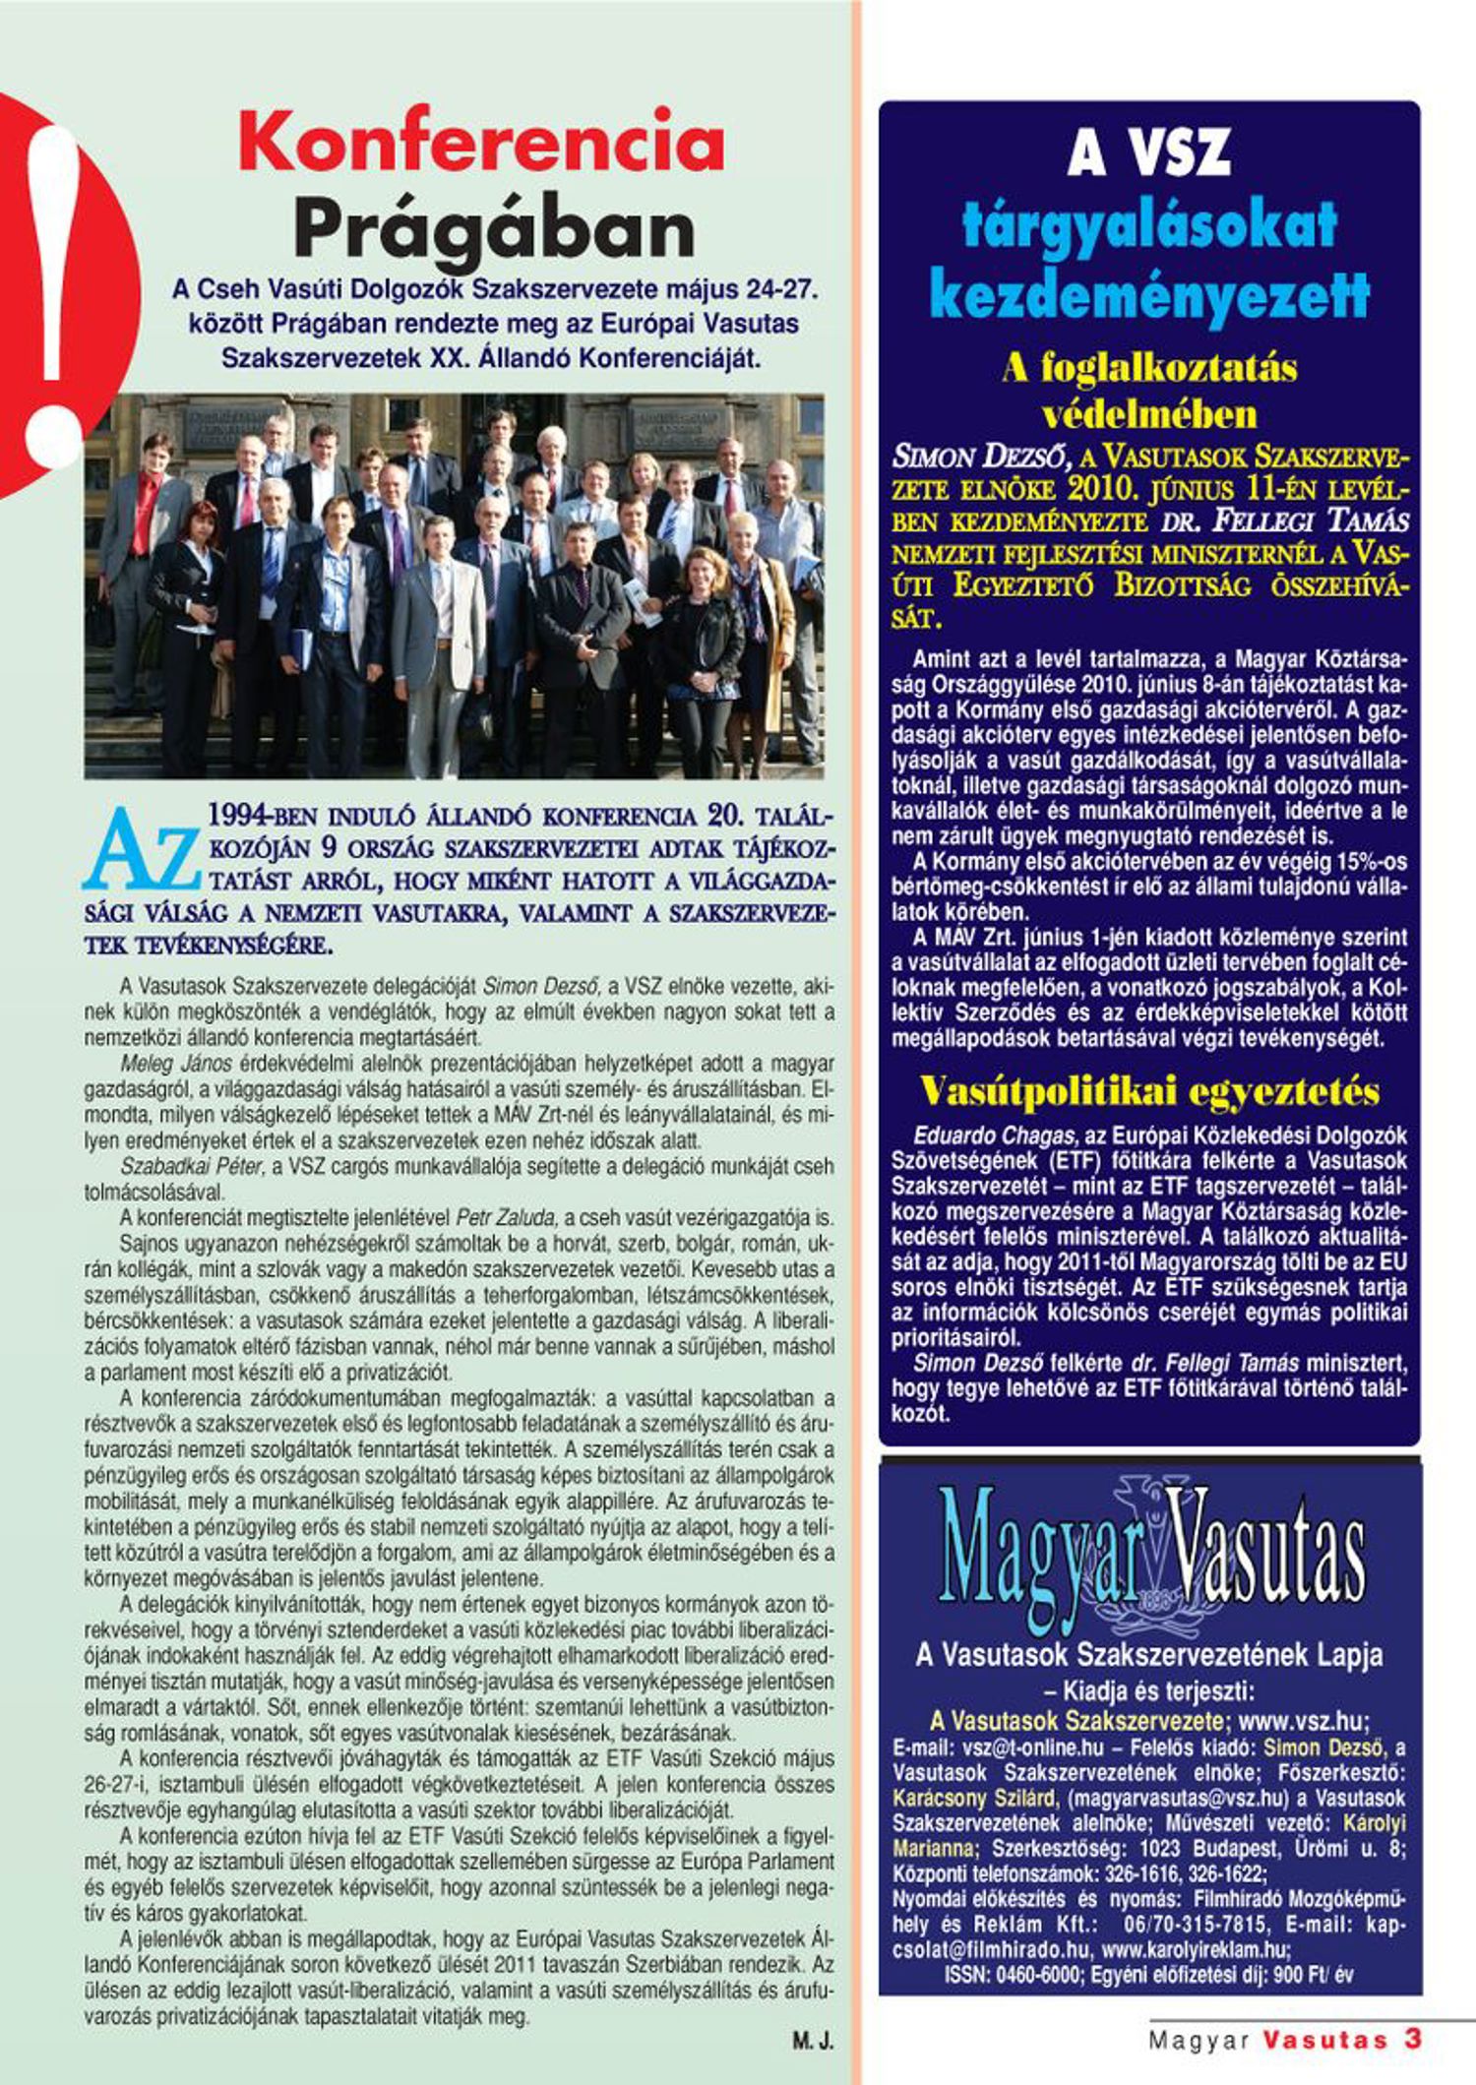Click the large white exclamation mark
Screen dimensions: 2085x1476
click(x=54, y=295)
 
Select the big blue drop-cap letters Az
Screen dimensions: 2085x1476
click(x=143, y=852)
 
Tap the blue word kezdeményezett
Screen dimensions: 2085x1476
click(x=1149, y=293)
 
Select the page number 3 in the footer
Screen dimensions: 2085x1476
click(x=1413, y=2038)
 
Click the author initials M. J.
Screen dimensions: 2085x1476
click(x=813, y=2041)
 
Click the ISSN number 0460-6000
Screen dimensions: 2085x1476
click(x=1038, y=1975)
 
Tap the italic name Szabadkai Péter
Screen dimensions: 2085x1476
click(x=192, y=1166)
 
